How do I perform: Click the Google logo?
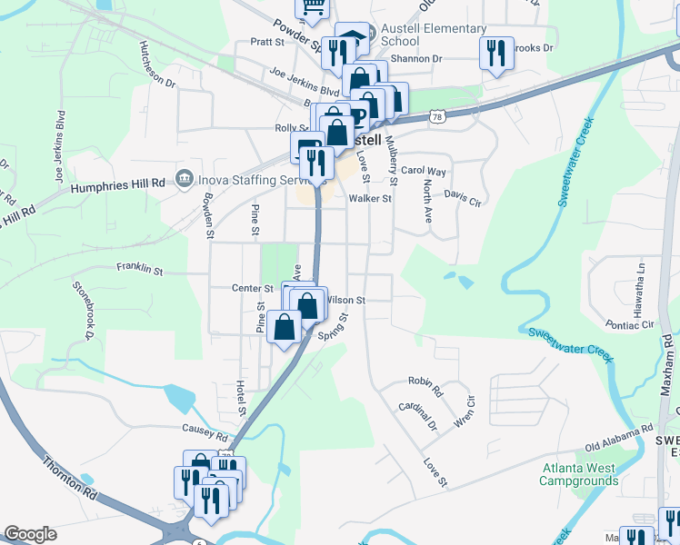click(x=30, y=534)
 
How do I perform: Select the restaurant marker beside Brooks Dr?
click(x=496, y=53)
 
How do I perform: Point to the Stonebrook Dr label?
click(x=84, y=309)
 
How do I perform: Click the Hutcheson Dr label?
click(x=156, y=64)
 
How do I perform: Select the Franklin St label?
click(x=139, y=270)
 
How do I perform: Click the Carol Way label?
click(x=424, y=171)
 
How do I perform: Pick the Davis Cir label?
click(x=461, y=195)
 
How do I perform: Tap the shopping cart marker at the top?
click(x=314, y=7)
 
